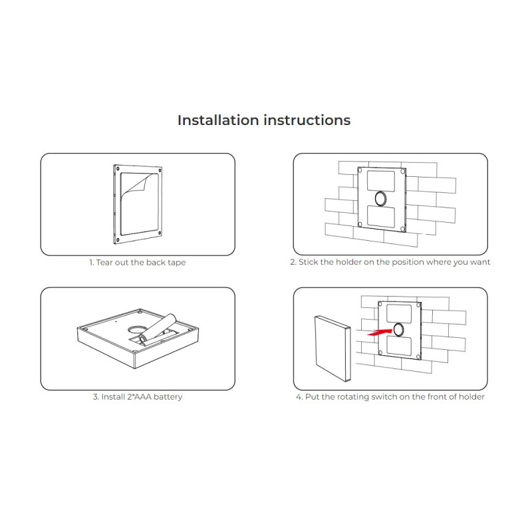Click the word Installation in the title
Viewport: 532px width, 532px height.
(x=218, y=120)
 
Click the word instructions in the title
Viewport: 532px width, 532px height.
(x=307, y=120)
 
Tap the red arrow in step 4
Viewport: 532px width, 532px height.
(x=379, y=332)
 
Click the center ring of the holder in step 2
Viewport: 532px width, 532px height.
(x=380, y=198)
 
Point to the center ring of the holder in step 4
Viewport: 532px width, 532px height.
(x=398, y=330)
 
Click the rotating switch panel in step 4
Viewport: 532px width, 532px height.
(x=332, y=348)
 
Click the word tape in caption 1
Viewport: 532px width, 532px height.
(x=176, y=263)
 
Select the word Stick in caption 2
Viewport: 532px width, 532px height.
(x=309, y=262)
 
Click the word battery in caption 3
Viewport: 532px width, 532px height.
(x=168, y=397)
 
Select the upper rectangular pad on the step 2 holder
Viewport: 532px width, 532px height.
(x=381, y=181)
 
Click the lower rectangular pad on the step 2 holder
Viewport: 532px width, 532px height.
(x=381, y=216)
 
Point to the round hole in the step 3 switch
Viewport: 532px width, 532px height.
(x=136, y=329)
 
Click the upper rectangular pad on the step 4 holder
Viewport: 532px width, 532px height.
(x=399, y=313)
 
